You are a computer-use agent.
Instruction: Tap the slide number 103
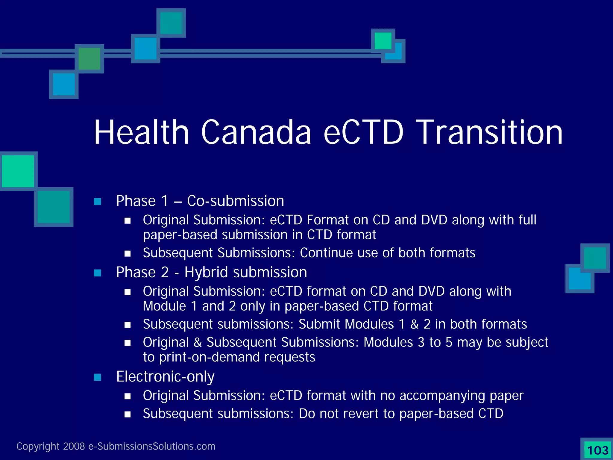pos(597,450)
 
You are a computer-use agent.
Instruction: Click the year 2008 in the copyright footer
pos(74,446)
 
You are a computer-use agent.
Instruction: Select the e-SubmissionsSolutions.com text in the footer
pos(152,446)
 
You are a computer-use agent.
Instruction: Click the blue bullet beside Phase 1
pos(97,202)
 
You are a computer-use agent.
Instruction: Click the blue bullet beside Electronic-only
pos(97,377)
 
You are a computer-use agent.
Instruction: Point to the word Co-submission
pos(236,201)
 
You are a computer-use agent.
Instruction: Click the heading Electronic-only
pos(165,377)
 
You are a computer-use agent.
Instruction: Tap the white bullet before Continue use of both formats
pos(128,254)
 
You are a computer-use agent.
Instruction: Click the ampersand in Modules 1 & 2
pos(414,324)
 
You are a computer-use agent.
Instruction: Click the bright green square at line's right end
pos(383,41)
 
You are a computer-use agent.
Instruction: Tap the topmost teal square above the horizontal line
pos(171,23)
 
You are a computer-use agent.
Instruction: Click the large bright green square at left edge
pos(18,171)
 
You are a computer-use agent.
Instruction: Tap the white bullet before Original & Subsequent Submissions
pos(128,343)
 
